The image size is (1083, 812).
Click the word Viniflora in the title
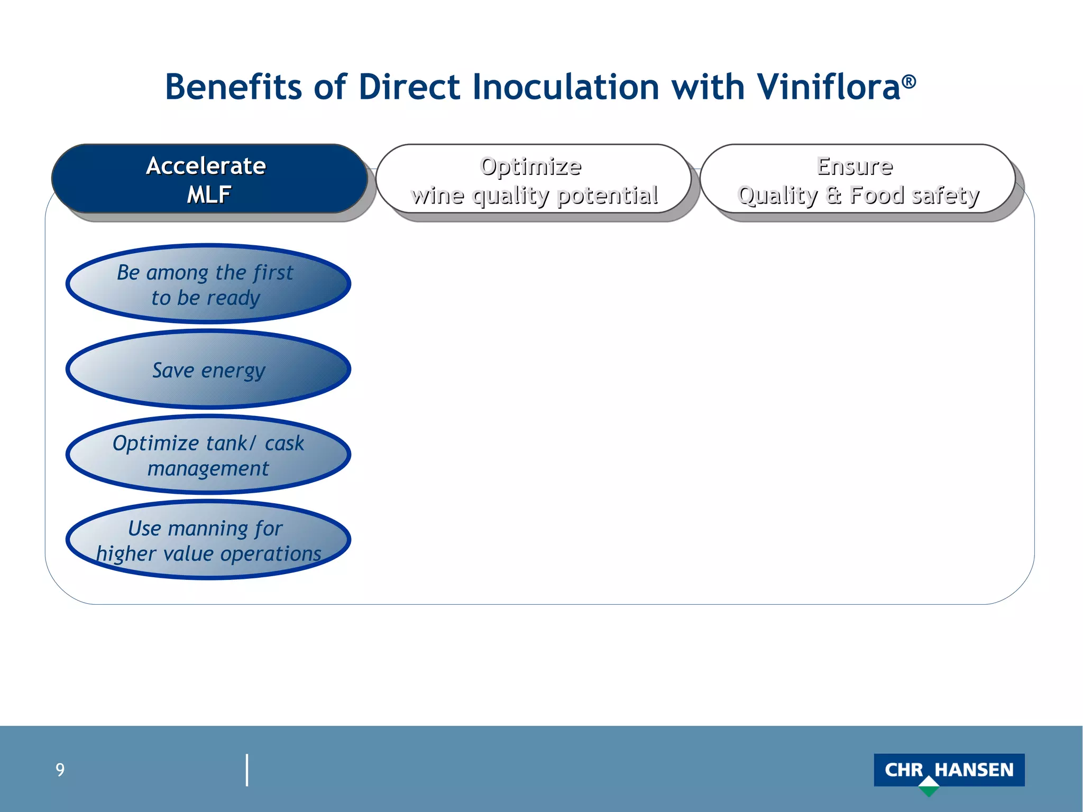point(828,87)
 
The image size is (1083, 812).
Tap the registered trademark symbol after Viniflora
point(909,81)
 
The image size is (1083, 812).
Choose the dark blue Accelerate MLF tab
point(209,179)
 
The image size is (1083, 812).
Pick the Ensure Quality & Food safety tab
point(857,180)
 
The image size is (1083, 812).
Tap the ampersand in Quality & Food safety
point(833,195)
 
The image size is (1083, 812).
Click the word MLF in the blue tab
point(209,195)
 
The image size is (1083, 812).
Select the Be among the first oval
point(208,284)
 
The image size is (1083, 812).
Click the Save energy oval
point(208,370)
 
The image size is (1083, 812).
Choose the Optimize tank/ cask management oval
point(208,455)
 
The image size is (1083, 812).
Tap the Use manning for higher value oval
point(208,540)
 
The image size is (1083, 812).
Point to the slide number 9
point(60,770)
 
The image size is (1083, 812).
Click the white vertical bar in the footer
point(247,770)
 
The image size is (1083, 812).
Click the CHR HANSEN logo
point(949,770)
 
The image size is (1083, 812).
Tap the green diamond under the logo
point(929,788)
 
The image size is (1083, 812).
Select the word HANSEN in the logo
point(974,770)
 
